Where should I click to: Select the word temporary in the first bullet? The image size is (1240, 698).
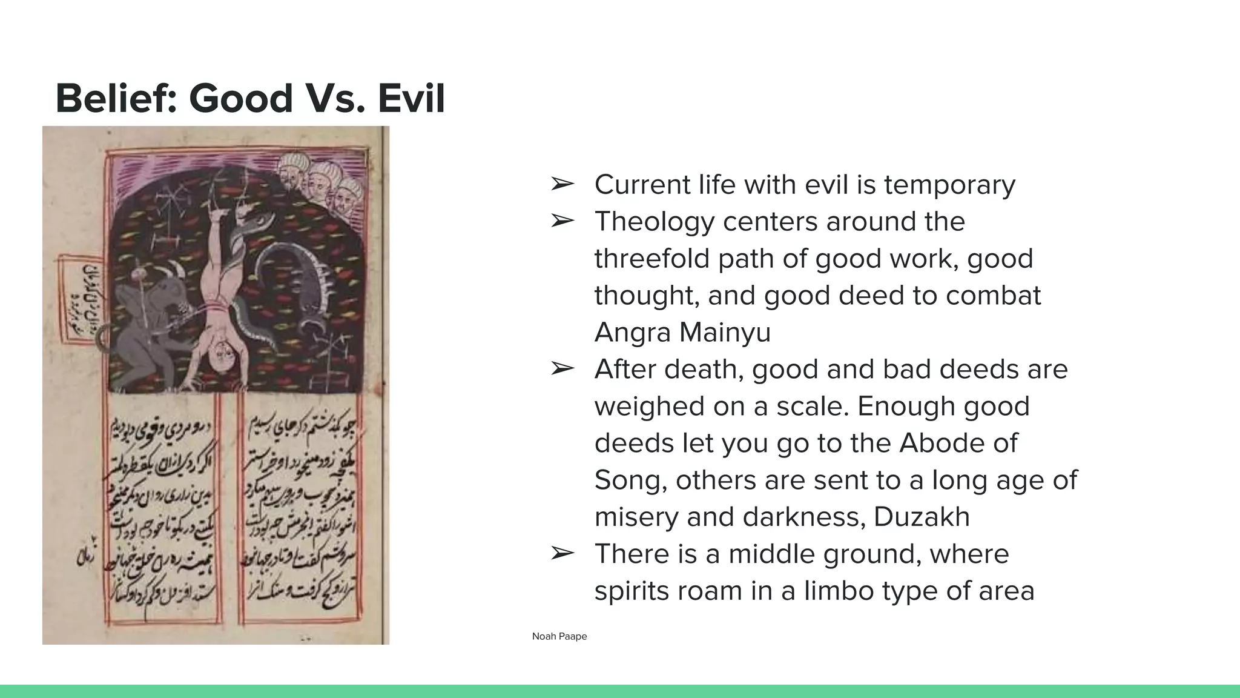(949, 185)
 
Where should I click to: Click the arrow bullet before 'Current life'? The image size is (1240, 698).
(562, 184)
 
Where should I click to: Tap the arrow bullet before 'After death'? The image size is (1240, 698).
(562, 368)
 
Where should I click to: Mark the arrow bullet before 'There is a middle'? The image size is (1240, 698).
(562, 553)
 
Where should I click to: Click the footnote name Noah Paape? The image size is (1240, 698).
(559, 636)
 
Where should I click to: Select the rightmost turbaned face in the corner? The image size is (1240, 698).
(346, 195)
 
